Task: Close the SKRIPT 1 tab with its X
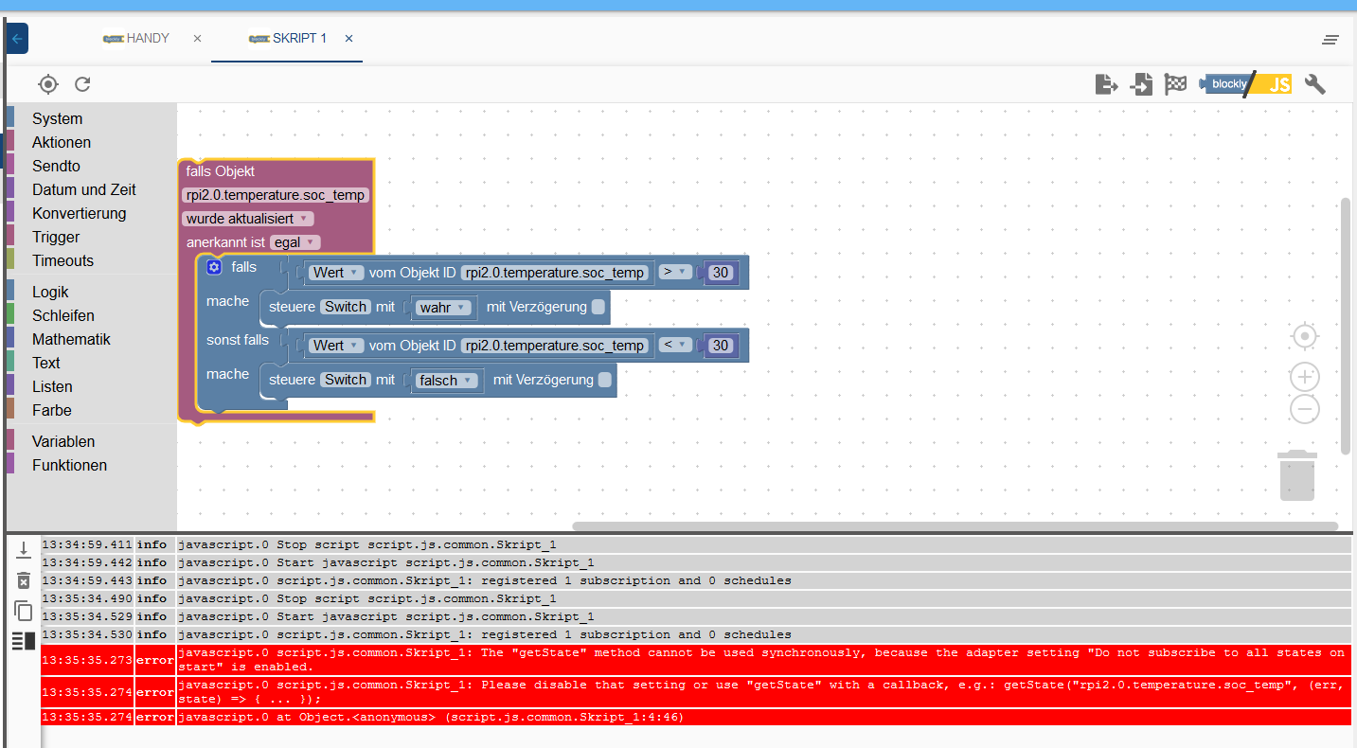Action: click(348, 39)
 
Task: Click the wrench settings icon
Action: click(1314, 84)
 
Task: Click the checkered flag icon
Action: click(1175, 84)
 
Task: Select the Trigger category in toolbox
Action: click(56, 237)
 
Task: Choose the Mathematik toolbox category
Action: click(71, 339)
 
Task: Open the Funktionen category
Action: click(69, 465)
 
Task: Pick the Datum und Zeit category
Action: click(83, 189)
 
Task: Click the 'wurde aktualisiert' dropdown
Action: click(247, 219)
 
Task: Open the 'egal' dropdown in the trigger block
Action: click(295, 242)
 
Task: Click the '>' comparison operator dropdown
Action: click(675, 272)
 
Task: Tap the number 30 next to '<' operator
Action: click(721, 346)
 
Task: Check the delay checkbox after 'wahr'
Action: click(598, 307)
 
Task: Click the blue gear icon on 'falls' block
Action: click(214, 268)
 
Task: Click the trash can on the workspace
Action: click(1296, 475)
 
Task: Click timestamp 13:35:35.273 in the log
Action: click(87, 661)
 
